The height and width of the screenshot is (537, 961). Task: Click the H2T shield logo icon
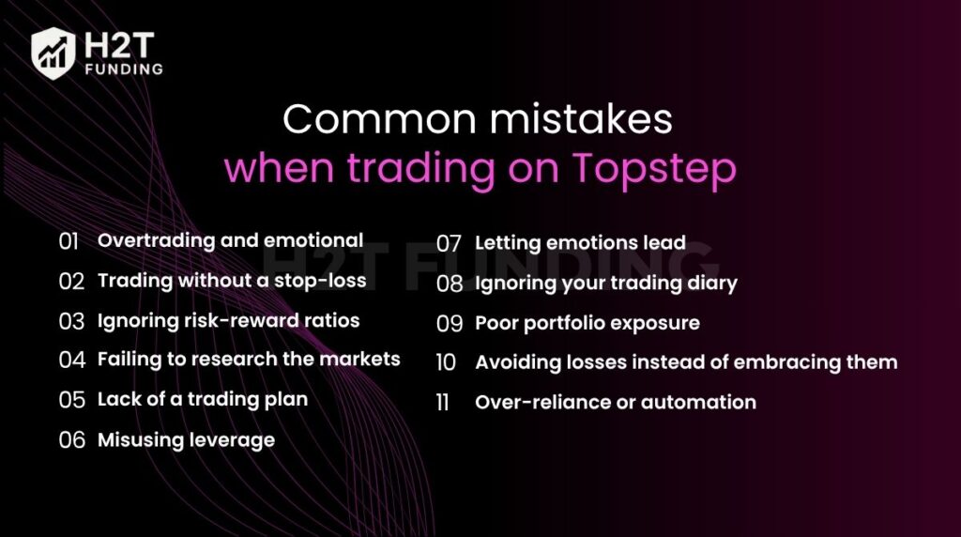(53, 52)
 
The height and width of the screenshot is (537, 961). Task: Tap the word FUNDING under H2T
(122, 69)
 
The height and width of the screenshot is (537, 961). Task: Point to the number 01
(69, 241)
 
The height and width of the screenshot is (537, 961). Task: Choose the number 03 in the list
(71, 321)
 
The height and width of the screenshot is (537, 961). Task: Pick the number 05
(71, 400)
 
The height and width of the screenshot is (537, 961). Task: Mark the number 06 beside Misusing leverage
(71, 440)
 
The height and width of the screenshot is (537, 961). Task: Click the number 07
(450, 244)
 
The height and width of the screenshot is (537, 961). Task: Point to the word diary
(710, 284)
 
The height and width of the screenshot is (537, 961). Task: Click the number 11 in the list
(443, 403)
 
